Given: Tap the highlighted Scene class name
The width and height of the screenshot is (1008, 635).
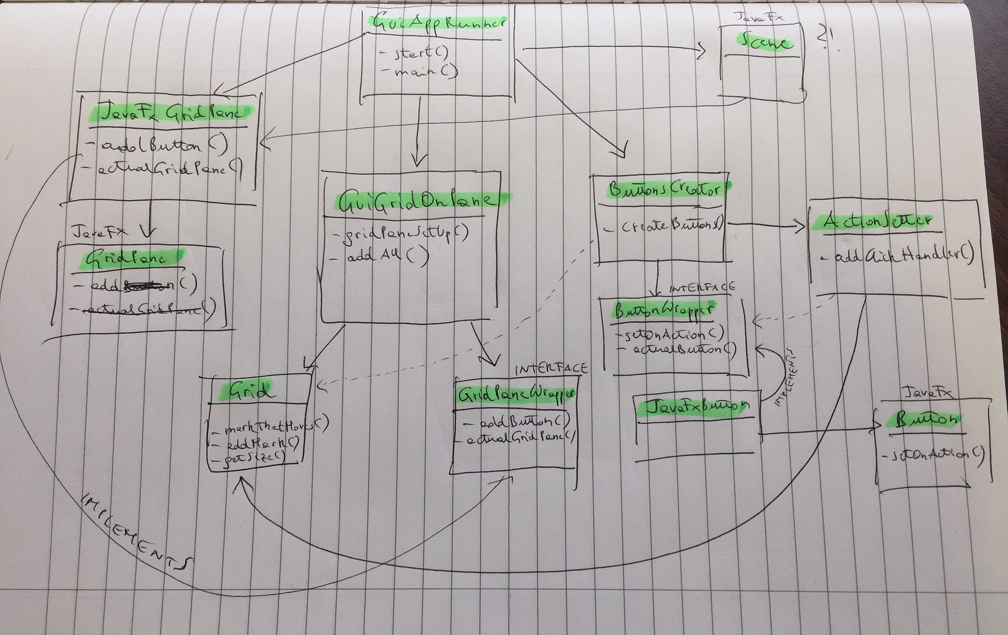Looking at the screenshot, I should tap(764, 42).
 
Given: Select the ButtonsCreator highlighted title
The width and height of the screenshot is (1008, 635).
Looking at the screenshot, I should tap(664, 190).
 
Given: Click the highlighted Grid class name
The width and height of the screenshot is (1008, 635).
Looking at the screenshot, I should tap(250, 390).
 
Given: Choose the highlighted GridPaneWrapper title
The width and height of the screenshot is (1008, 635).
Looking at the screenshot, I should tap(515, 395).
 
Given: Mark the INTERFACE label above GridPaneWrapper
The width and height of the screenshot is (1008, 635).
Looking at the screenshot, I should tap(551, 369).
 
